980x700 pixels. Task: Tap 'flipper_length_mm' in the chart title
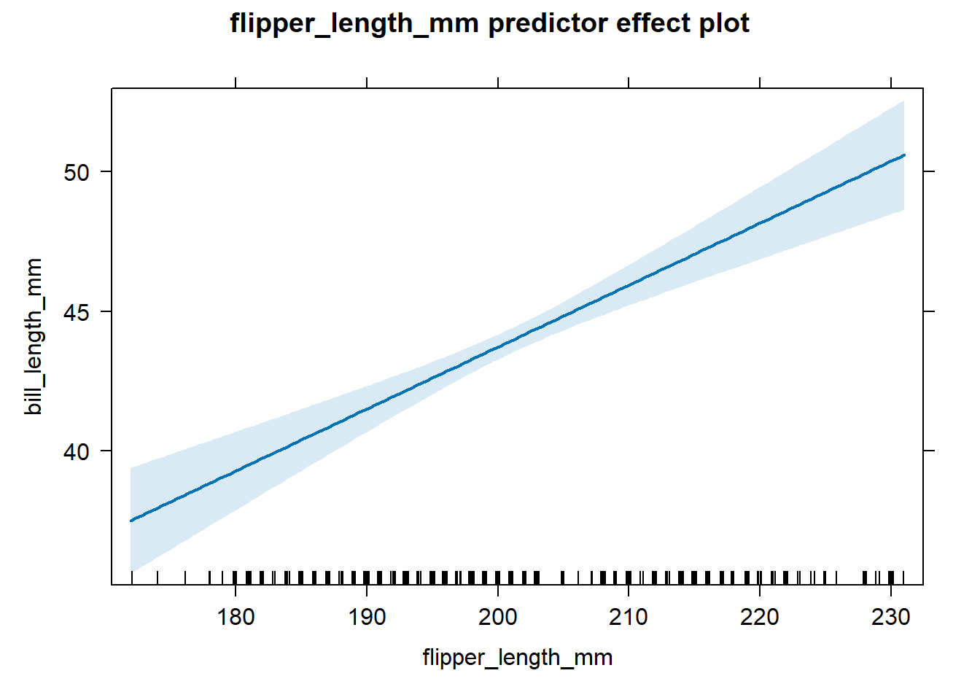tap(354, 23)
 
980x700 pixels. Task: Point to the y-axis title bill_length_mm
tap(34, 336)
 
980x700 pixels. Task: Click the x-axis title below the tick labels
tap(517, 658)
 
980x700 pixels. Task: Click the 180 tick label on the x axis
tap(236, 618)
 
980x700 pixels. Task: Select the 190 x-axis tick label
tap(367, 618)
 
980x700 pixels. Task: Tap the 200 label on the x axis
tap(498, 618)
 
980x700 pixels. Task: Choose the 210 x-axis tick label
tap(629, 618)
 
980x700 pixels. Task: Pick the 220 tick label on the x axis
tap(760, 618)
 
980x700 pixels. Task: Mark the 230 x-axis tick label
tap(891, 618)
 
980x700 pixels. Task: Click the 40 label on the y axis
tap(77, 451)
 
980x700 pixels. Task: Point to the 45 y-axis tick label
tap(77, 312)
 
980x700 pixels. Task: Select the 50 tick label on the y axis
tap(77, 172)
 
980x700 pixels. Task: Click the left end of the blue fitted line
tap(131, 521)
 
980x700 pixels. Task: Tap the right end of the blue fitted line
tap(903, 155)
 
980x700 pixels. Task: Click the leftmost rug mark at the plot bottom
tap(132, 578)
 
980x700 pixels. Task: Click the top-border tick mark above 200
tap(498, 82)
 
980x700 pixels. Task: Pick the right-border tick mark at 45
tap(928, 311)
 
